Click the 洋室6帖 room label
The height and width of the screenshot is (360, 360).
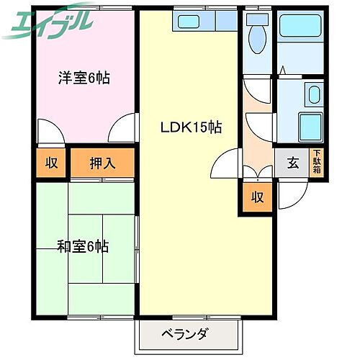pyautogui.click(x=84, y=78)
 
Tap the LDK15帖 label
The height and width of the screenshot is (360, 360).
pyautogui.click(x=190, y=127)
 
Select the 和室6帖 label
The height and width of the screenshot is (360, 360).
pyautogui.click(x=84, y=247)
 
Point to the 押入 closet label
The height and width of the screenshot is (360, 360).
pyautogui.click(x=102, y=163)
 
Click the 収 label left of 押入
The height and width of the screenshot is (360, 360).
pyautogui.click(x=52, y=163)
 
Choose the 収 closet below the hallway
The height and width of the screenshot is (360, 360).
pyautogui.click(x=257, y=197)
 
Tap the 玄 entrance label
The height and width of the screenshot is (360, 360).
pyautogui.click(x=293, y=163)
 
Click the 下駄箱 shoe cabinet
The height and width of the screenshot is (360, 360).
pyautogui.click(x=316, y=162)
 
